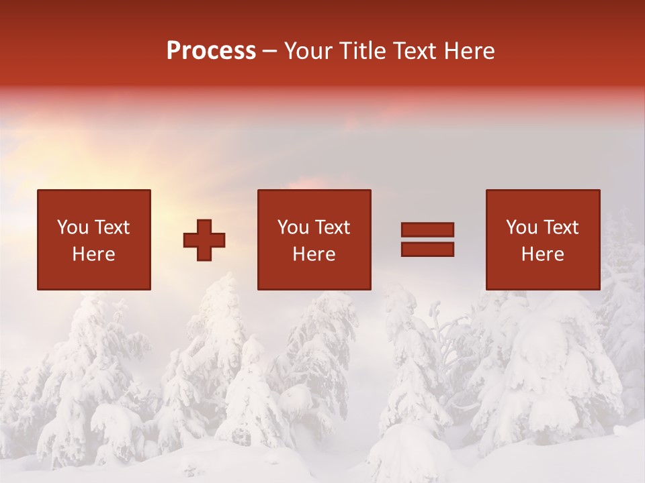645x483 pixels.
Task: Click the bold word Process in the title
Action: [x=211, y=51]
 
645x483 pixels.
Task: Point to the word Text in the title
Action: [x=417, y=51]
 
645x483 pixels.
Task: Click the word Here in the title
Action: [x=471, y=51]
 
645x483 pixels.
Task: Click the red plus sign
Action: [x=204, y=239]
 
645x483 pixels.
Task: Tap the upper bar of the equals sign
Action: [x=427, y=229]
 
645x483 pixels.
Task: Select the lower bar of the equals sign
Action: [x=427, y=250]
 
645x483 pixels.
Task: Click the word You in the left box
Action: [x=73, y=227]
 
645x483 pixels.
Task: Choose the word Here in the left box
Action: [x=93, y=254]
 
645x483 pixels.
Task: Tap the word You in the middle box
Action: [x=293, y=227]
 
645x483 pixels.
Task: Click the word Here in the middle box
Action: [x=314, y=254]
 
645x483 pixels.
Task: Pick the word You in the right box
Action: [x=521, y=227]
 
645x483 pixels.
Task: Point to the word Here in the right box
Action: [x=542, y=254]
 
